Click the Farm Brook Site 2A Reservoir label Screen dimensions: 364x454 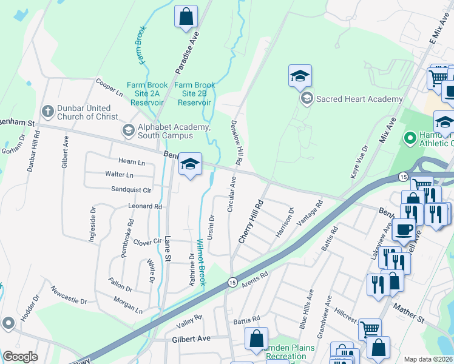tap(143, 94)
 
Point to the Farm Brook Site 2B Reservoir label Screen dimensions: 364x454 tap(195, 94)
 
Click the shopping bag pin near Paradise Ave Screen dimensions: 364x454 tap(186, 17)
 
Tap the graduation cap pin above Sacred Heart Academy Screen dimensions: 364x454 tap(300, 76)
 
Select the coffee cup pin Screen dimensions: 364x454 tap(404, 230)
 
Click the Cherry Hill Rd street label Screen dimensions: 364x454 tap(251, 221)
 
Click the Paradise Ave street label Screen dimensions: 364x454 tap(187, 53)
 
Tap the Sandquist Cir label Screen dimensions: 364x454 tap(130, 189)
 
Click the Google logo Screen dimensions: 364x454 tap(19, 356)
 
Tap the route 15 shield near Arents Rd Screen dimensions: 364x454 tap(232, 282)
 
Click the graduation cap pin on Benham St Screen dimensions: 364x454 tap(190, 164)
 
